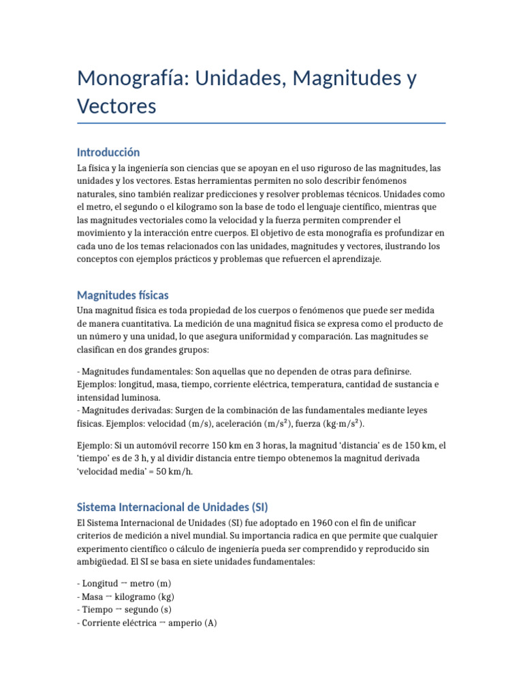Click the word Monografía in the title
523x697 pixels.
click(x=133, y=78)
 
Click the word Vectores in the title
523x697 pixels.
click(x=116, y=106)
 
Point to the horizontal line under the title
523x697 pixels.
click(x=261, y=123)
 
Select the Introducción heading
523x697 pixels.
click(x=108, y=152)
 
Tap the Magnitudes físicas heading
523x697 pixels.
click(x=123, y=295)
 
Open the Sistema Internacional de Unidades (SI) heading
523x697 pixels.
click(x=172, y=507)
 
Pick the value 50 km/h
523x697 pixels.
click(x=170, y=471)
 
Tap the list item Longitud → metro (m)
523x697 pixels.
click(x=125, y=583)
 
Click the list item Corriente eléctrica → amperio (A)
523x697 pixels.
click(x=147, y=622)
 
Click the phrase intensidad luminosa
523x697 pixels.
click(x=118, y=397)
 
